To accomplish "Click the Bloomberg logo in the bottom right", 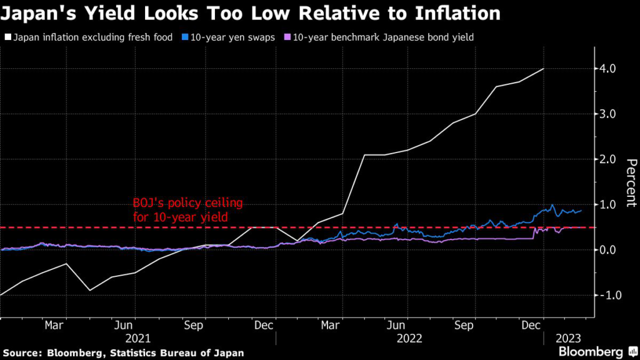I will pos(591,351).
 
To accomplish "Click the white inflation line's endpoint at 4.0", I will pos(544,69).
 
